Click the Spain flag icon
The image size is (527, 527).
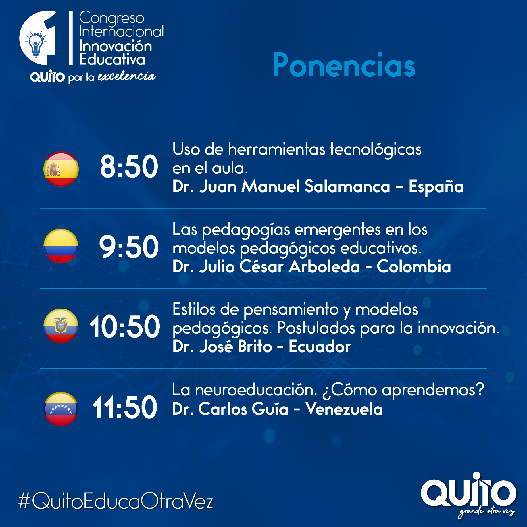[x=61, y=169]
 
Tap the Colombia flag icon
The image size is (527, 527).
[x=61, y=246]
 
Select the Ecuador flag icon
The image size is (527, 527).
[x=61, y=326]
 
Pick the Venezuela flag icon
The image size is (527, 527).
[x=61, y=409]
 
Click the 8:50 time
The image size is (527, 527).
[x=129, y=166]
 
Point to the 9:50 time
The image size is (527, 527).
[x=129, y=247]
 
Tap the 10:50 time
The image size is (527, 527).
[x=125, y=326]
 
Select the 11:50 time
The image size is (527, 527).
[x=125, y=407]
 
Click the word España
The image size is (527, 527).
[x=436, y=187]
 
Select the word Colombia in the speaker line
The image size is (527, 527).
[x=414, y=267]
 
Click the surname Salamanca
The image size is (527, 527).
[x=347, y=187]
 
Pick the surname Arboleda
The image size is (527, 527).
[x=324, y=267]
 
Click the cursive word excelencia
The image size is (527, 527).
[x=127, y=76]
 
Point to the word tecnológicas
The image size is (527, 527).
[x=376, y=150]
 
